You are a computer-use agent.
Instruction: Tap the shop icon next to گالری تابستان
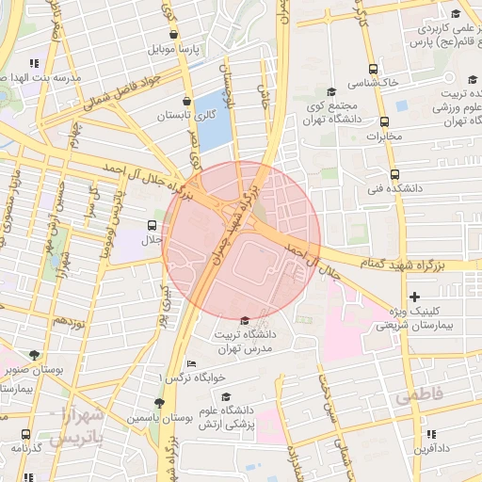(x=186, y=100)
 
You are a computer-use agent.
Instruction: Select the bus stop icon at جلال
(x=152, y=225)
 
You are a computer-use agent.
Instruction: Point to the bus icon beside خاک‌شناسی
(x=374, y=70)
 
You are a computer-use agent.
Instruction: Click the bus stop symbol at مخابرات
(x=384, y=121)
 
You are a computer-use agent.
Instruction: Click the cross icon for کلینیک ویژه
(x=414, y=297)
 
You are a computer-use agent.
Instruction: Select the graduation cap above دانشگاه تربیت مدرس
(x=246, y=321)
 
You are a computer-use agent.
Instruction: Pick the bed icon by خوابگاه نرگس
(x=192, y=363)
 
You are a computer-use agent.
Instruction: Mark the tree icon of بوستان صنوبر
(x=35, y=355)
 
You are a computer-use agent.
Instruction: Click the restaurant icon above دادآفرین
(x=432, y=434)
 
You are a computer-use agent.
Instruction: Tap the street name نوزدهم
(x=68, y=321)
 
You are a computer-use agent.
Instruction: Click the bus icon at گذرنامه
(x=24, y=435)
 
